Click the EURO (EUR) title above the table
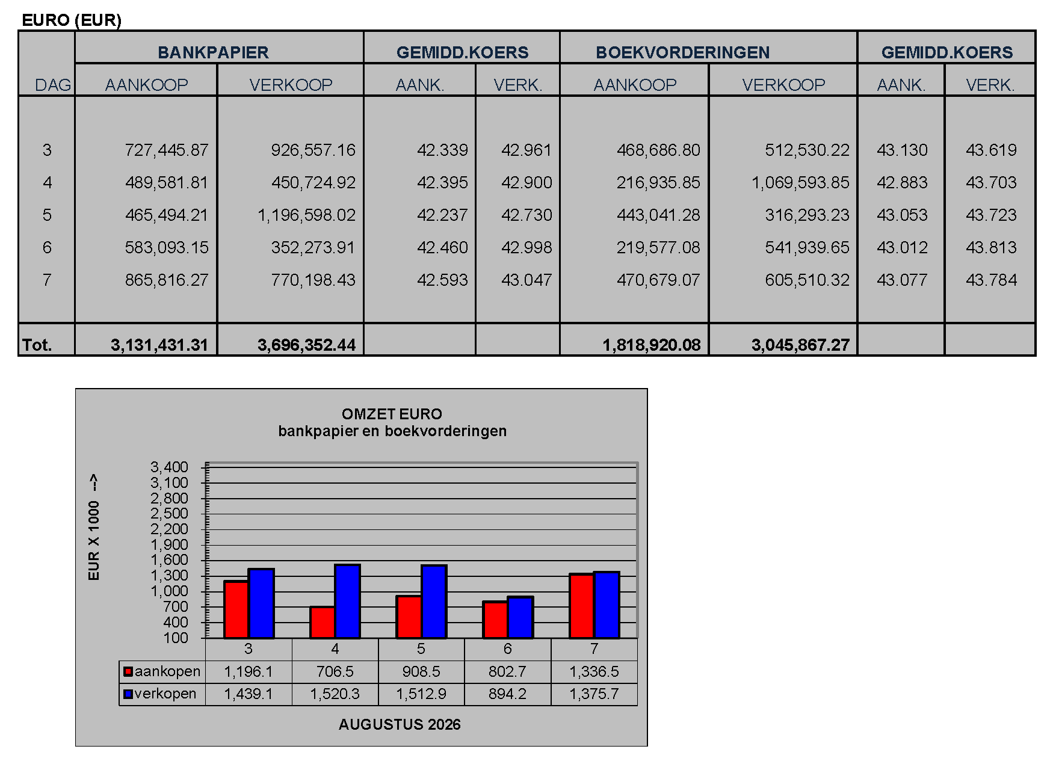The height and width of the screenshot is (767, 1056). [72, 20]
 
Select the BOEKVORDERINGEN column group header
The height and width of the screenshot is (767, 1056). [682, 52]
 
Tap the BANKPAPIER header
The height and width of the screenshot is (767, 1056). [213, 52]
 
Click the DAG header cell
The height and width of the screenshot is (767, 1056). [53, 85]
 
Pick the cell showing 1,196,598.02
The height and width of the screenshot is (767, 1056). [307, 215]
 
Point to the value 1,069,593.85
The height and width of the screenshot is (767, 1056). [800, 182]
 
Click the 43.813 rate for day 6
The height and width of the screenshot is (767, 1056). [991, 247]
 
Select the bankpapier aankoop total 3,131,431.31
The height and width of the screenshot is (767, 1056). [159, 345]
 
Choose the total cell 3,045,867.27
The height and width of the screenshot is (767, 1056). [800, 345]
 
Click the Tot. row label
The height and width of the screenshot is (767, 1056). [37, 345]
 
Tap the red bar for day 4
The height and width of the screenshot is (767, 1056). [323, 622]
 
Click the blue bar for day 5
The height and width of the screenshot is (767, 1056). [434, 602]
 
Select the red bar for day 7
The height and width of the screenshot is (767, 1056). [581, 606]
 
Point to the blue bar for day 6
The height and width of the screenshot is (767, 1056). [520, 617]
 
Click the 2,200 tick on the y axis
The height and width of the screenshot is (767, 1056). [169, 529]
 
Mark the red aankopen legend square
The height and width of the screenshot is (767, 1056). [128, 671]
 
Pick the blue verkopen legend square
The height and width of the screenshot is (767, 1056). [128, 694]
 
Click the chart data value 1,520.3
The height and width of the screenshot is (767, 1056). [335, 694]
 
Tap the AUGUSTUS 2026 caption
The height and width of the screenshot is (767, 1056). [400, 724]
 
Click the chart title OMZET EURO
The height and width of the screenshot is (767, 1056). [392, 414]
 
